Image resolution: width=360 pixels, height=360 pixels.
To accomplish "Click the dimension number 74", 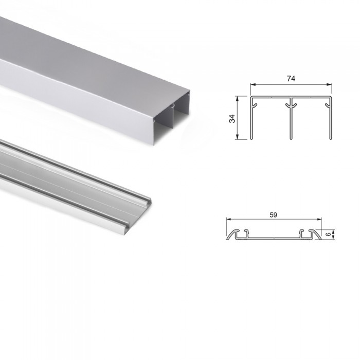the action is click(x=291, y=79).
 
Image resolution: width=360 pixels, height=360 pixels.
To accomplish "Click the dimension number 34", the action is click(x=232, y=119).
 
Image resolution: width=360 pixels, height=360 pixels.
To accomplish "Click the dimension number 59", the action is click(x=273, y=215).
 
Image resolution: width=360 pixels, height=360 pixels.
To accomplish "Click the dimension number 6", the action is click(x=328, y=235).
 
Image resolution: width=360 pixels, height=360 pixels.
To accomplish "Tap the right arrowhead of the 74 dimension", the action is click(x=329, y=84).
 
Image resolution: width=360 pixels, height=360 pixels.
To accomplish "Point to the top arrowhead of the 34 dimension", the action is click(x=238, y=99).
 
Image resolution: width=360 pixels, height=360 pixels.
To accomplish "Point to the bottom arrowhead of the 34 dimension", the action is click(x=238, y=137).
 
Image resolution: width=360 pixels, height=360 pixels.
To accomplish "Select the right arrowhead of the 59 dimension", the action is click(x=319, y=220).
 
